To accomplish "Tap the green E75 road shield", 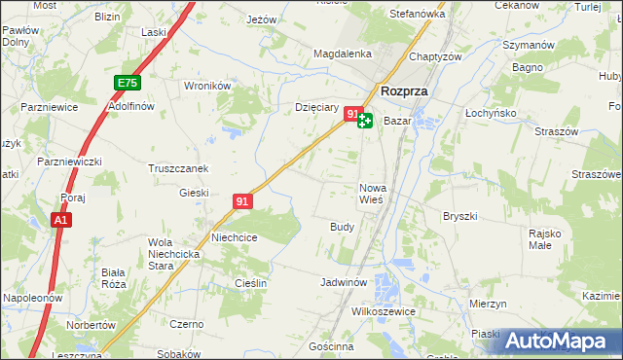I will [127, 85].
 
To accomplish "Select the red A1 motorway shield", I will [60, 221].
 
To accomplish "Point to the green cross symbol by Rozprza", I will [365, 121].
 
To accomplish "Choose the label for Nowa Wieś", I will [375, 193].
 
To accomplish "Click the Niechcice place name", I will [235, 236].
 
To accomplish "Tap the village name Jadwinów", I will [344, 282].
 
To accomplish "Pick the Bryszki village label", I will [458, 216].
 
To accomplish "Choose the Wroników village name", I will [206, 86].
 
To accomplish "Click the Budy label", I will [342, 226].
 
